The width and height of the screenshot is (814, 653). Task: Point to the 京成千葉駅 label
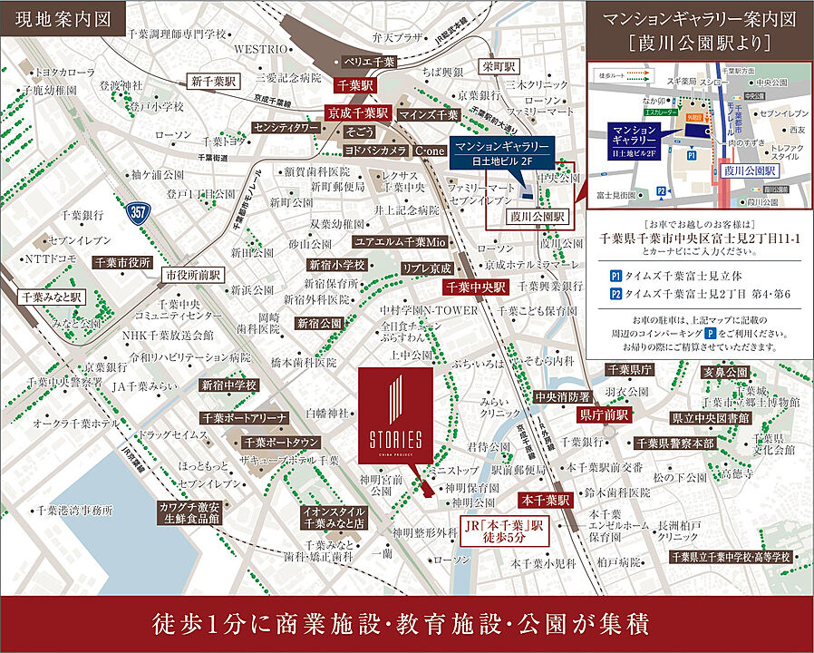click(x=358, y=114)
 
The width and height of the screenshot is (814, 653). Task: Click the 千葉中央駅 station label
click(x=474, y=288)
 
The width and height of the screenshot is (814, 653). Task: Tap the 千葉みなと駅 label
click(x=52, y=297)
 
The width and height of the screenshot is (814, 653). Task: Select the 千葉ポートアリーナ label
click(x=245, y=418)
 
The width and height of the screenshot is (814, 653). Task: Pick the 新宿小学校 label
click(x=335, y=265)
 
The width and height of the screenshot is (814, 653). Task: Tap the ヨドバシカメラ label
click(x=375, y=150)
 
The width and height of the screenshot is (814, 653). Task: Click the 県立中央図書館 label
click(x=711, y=418)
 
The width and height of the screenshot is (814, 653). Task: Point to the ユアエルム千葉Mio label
click(x=400, y=243)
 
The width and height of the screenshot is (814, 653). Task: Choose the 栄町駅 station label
click(x=499, y=67)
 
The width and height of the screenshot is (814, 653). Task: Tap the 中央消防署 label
click(x=562, y=396)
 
